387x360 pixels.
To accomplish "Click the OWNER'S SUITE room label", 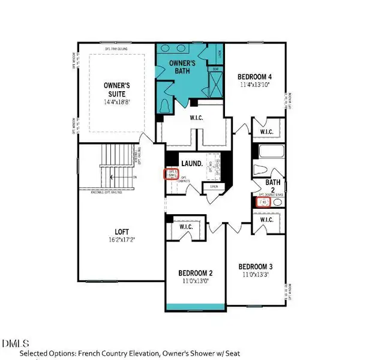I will tap(118, 90).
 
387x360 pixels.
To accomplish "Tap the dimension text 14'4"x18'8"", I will tap(118, 102).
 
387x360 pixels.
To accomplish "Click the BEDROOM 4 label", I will tap(254, 76).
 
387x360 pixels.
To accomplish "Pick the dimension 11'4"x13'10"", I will tap(254, 85).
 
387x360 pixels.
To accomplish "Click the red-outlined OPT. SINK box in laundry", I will tap(172, 174).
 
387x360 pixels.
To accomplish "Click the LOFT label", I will tap(122, 232).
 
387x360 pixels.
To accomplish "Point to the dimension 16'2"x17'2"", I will tap(122, 240).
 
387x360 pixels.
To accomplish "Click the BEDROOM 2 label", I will tap(195, 272).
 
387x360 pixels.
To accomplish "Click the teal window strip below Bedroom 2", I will tap(195, 307).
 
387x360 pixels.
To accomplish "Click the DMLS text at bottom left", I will tap(16, 344).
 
